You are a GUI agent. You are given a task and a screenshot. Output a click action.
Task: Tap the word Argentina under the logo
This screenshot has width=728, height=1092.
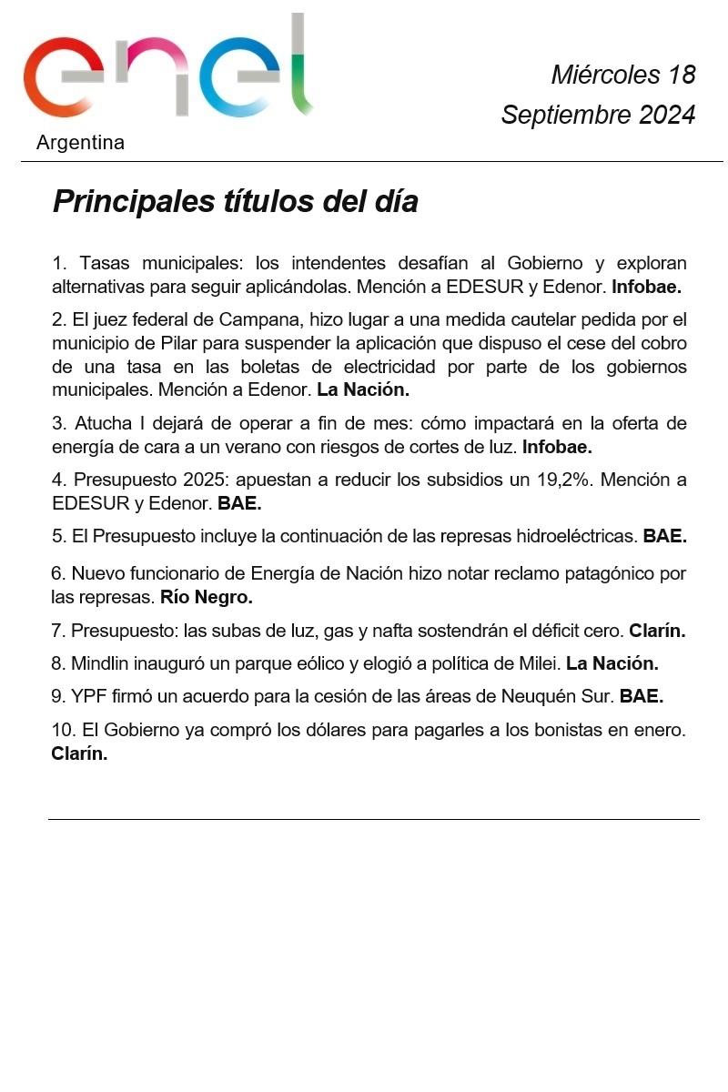[80, 143]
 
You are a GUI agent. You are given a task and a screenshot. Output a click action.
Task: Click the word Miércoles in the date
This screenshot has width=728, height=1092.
[605, 74]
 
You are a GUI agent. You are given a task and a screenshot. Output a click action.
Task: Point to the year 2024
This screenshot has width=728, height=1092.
[666, 116]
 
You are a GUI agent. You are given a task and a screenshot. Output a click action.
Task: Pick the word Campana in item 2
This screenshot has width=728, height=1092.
[259, 319]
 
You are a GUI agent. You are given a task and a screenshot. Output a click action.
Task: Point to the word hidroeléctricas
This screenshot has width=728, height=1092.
[564, 536]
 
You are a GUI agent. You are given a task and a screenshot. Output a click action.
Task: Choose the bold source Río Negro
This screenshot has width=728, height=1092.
[206, 598]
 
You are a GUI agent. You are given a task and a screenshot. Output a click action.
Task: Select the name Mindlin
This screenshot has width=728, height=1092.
[103, 663]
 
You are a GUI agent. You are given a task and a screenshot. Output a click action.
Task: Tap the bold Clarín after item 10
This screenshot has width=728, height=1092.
[79, 753]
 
